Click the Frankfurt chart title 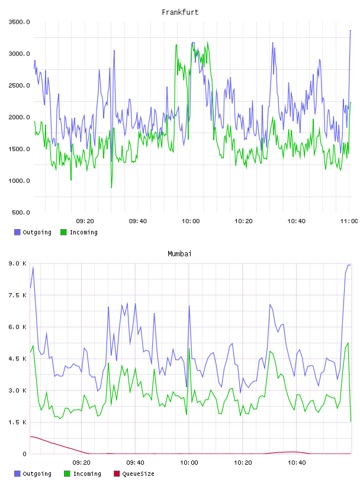coord(180,12)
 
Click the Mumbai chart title coord(179,254)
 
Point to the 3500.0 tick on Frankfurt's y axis coord(19,22)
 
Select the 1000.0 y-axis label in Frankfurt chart coord(19,181)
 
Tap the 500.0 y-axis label coord(21,212)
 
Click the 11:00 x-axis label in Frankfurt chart coord(349,221)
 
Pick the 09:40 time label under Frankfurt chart coord(138,221)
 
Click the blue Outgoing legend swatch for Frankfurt coord(17,232)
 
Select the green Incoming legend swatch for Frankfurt coord(63,232)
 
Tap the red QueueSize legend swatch coord(117,474)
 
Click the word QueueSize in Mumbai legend coord(138,474)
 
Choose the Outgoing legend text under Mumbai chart coord(37,474)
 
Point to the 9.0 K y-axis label coord(18,263)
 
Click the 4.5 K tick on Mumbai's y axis coord(18,359)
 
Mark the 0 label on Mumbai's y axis coord(24,454)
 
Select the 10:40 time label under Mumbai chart coord(297,463)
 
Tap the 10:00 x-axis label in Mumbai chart coord(189,463)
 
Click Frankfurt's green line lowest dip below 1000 coord(111,188)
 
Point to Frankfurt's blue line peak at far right coord(351,31)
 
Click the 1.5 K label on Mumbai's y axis coord(18,422)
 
